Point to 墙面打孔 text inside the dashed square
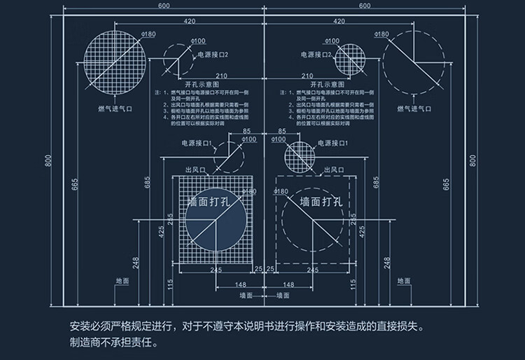point(320,202)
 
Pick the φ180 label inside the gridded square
point(248,191)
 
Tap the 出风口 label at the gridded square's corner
point(195,170)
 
